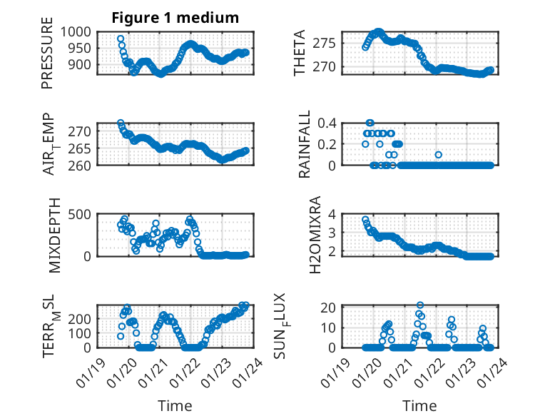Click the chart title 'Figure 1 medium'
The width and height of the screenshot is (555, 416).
pos(174,18)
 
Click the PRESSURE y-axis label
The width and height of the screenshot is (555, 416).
pos(47,58)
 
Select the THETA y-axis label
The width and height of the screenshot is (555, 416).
pos(300,53)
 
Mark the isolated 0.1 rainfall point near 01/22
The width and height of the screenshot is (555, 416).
pos(438,155)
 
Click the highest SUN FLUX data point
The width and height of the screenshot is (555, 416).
pos(420,305)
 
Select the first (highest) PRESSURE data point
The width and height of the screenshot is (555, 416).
pos(121,39)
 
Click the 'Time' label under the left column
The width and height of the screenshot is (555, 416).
pos(174,405)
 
